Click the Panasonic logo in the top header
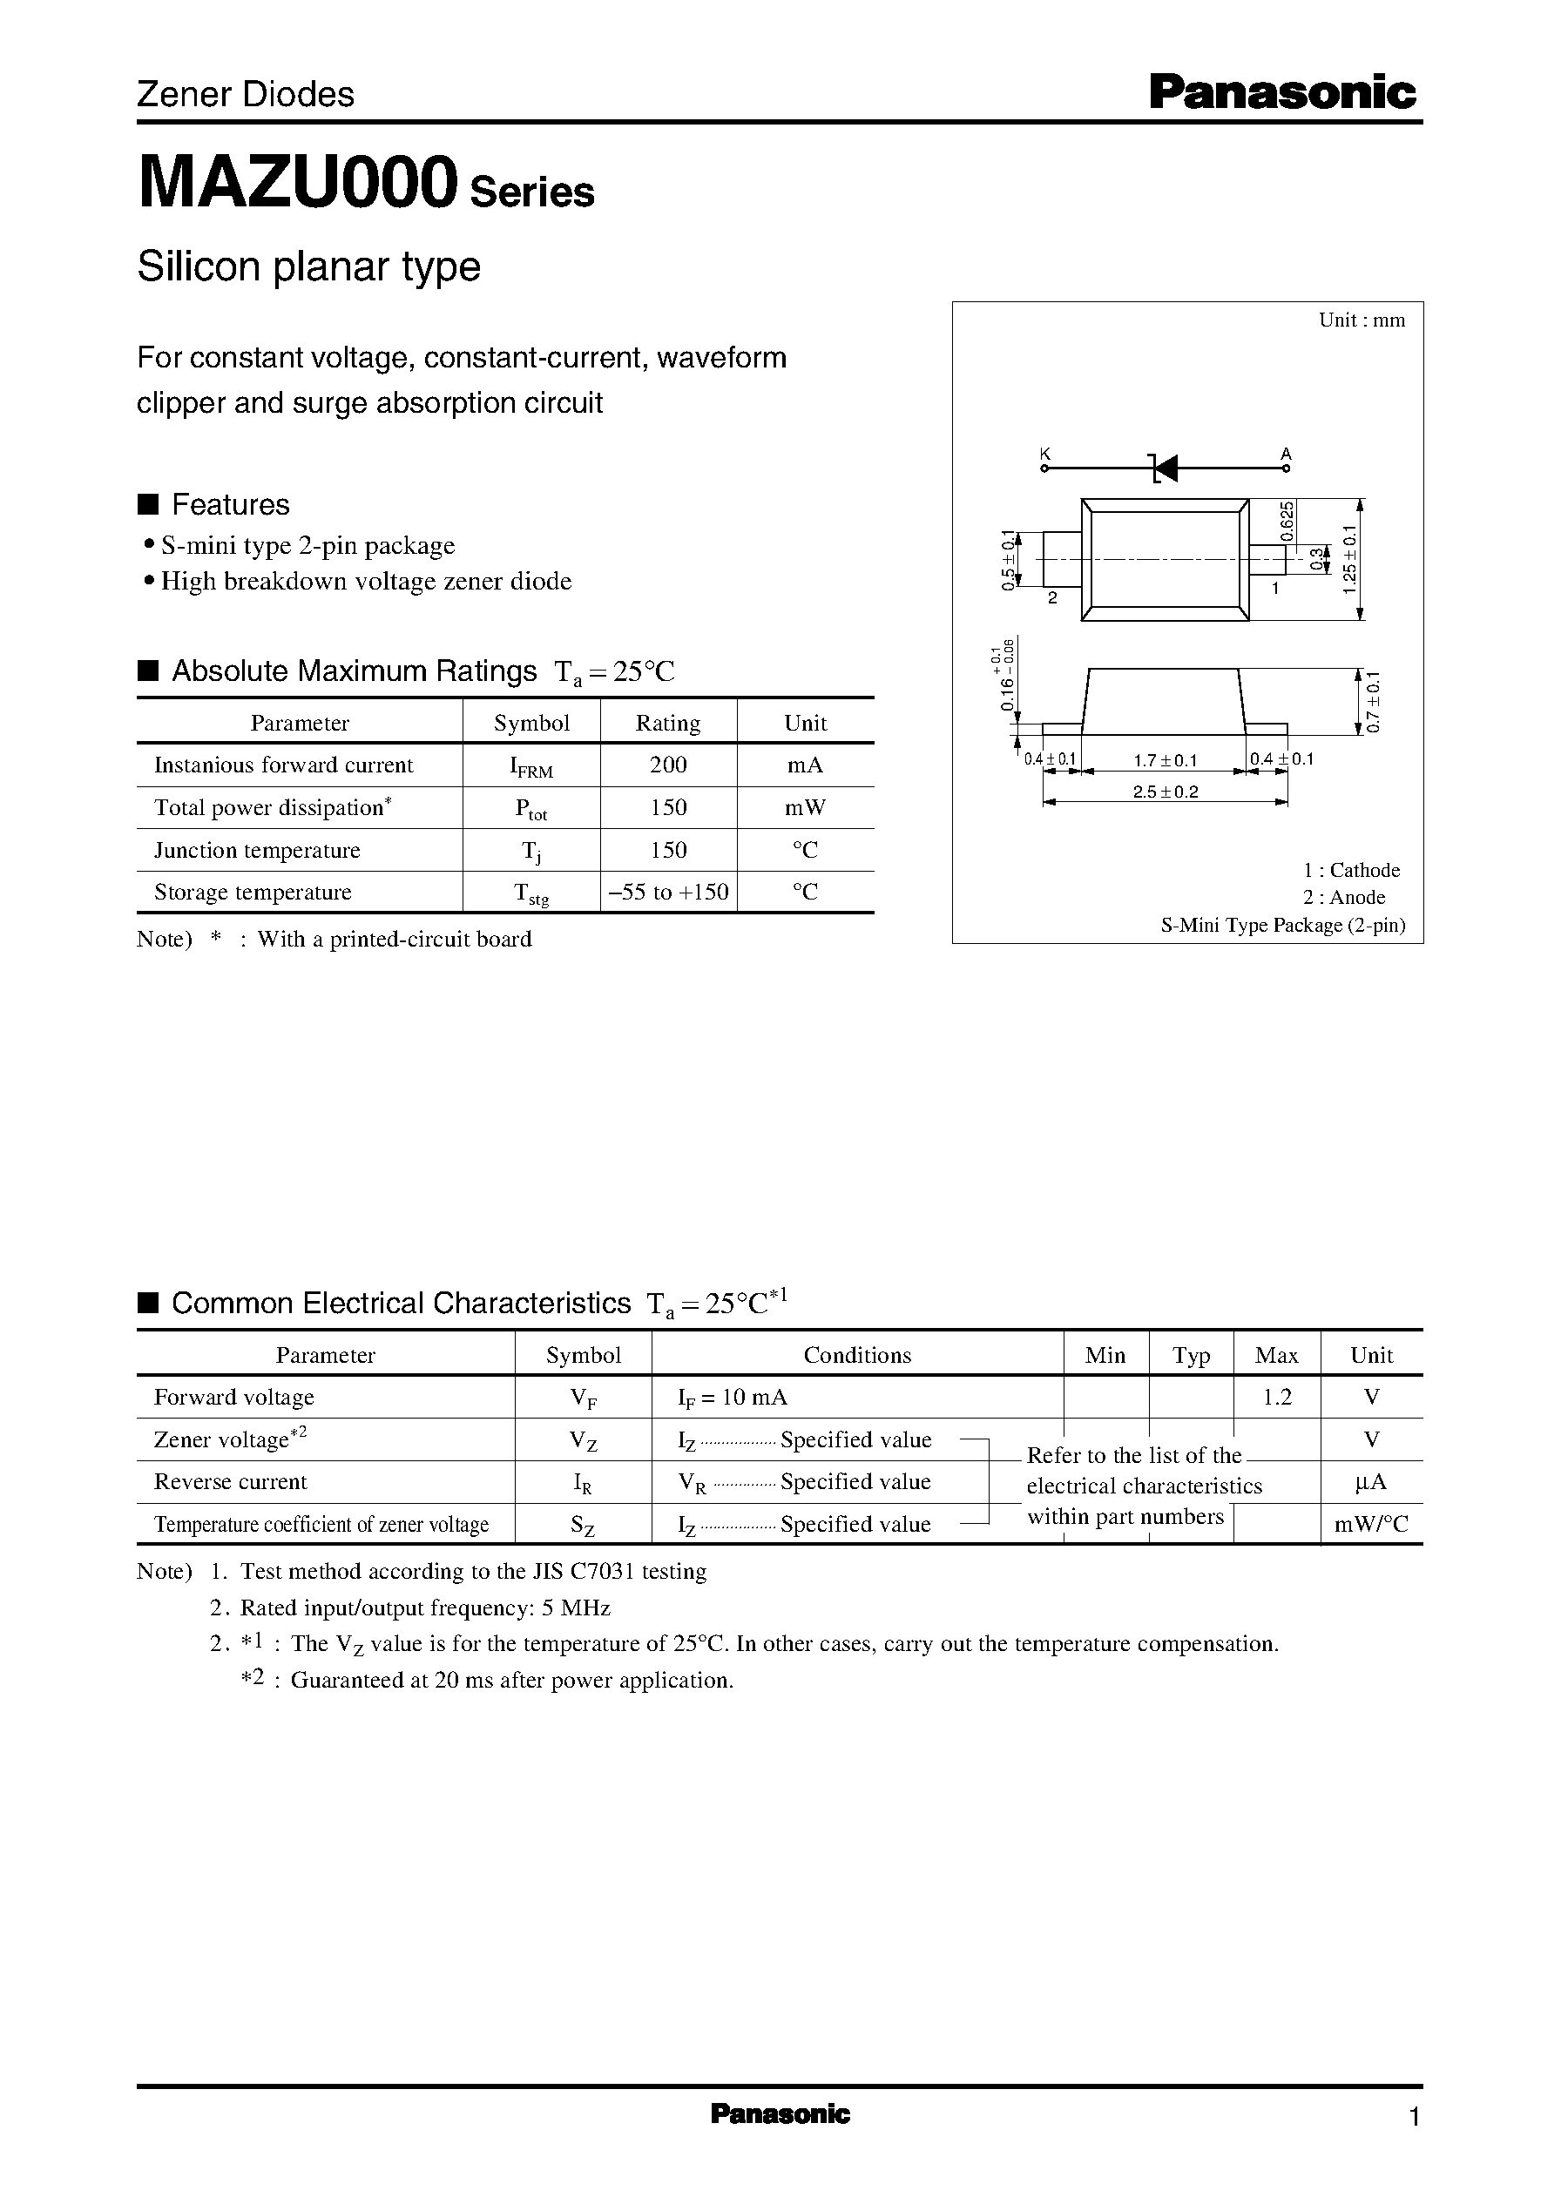point(1282,93)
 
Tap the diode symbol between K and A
point(1164,468)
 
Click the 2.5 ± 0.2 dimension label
point(1165,792)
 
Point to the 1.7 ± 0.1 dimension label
point(1165,760)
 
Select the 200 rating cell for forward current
point(668,765)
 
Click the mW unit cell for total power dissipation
point(805,807)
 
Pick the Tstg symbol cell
point(531,893)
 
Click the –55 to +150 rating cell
point(668,892)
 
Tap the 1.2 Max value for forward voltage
point(1276,1397)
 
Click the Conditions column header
point(856,1355)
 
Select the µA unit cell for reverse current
point(1371,1481)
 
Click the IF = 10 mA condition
point(733,1397)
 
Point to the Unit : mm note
point(1361,320)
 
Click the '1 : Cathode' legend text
point(1350,869)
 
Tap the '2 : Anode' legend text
point(1344,897)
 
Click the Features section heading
point(230,504)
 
